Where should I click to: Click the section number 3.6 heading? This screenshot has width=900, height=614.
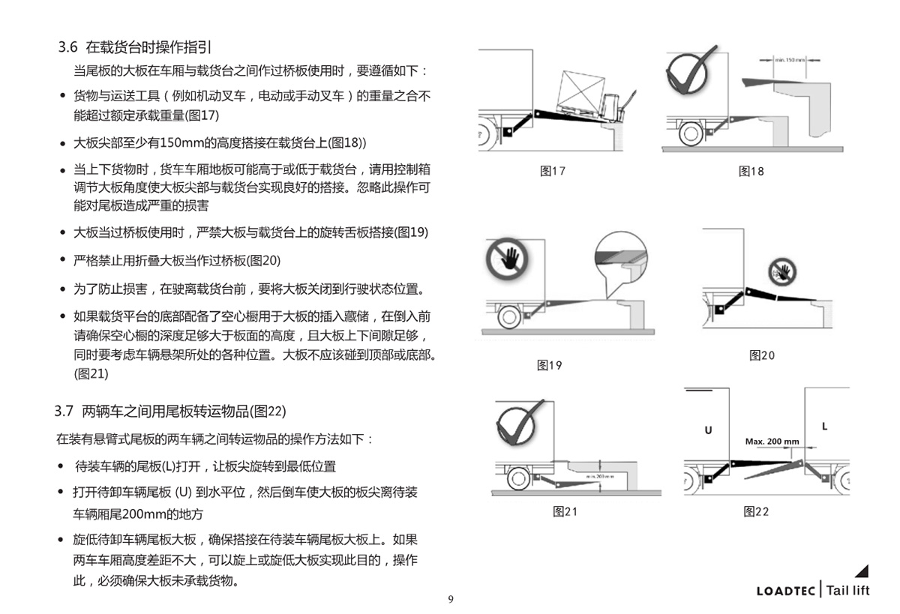(x=68, y=47)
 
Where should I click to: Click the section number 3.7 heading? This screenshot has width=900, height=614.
(x=64, y=411)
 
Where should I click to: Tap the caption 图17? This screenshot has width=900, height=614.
(x=553, y=171)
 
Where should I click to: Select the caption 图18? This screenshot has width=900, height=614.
(x=751, y=171)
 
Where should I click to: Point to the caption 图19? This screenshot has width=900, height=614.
(x=550, y=365)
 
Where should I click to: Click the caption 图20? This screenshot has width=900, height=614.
(x=762, y=355)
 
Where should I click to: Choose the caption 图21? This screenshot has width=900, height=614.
(x=565, y=511)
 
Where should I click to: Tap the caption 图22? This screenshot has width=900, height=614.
(x=756, y=511)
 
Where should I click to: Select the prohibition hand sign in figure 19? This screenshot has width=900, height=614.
(x=506, y=258)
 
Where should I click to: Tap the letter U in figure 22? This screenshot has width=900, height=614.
(x=708, y=430)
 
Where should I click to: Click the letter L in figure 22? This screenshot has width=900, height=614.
(x=824, y=426)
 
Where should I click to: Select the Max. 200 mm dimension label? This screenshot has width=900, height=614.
(x=772, y=441)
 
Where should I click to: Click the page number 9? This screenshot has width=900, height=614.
(x=450, y=599)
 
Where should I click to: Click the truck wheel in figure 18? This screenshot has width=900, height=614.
(x=690, y=133)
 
